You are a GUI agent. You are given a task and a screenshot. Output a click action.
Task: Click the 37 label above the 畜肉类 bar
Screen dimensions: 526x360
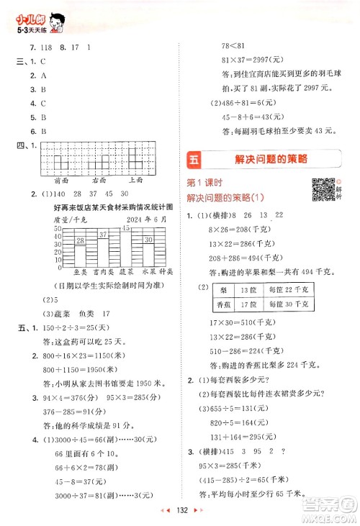103,234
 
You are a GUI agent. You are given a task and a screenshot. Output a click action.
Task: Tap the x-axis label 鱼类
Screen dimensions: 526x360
81,272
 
